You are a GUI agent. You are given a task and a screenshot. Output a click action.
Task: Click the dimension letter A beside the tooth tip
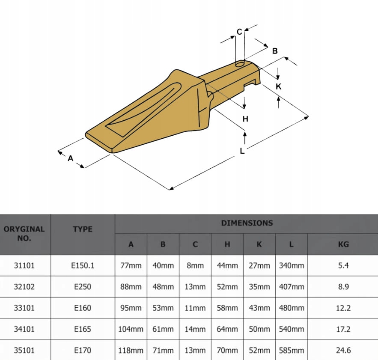coord(71,158)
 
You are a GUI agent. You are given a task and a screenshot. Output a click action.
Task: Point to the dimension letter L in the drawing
coord(242,151)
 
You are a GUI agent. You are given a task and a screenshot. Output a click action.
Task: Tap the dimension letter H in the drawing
coord(245,119)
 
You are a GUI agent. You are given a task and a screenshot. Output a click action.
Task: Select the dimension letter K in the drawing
coord(279,86)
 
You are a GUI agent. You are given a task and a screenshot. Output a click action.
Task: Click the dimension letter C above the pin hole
coord(239,31)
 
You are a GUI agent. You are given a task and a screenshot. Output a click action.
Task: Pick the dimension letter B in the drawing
coord(275,51)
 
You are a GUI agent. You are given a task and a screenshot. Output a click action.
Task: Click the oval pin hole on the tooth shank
coord(240,64)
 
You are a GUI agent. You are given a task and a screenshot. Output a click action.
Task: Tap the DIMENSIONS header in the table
coord(247,223)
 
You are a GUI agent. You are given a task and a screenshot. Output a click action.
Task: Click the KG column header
coord(343,244)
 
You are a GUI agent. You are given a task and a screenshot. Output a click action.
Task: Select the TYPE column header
coord(83,229)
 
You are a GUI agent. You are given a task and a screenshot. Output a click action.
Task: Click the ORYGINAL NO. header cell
coord(24,233)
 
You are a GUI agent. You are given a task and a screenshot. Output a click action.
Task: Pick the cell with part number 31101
coord(24,265)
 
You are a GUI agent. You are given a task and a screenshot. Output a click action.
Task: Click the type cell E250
coord(83,286)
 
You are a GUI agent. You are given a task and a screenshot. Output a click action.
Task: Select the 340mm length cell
coord(292,265)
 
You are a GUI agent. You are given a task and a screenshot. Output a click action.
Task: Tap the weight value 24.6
coord(343,350)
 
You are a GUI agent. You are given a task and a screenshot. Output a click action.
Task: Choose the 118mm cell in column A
coord(131,350)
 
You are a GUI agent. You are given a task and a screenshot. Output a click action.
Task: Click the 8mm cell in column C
coord(195,265)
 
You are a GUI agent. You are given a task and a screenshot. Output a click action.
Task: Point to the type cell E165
coord(83,329)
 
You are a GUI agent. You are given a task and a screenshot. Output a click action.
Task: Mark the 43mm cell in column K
coord(259,308)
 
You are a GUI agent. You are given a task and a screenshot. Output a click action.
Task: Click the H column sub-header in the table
coord(227,244)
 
